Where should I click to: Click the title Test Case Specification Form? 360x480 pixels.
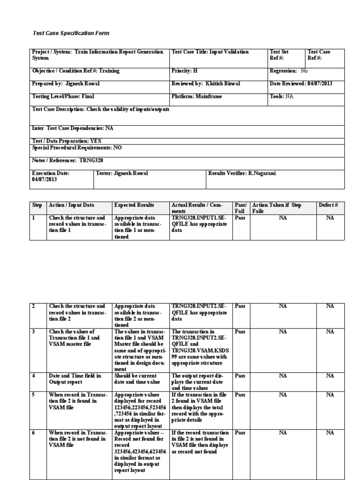(x=70, y=34)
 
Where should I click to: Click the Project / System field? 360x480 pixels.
(x=97, y=55)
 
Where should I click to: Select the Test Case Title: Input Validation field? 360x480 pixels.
(x=210, y=52)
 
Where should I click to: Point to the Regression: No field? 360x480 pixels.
(x=289, y=71)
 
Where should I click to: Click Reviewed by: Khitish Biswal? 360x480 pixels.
(x=206, y=83)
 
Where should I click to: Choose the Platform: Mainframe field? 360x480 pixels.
(x=197, y=97)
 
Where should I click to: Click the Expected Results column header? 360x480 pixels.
(x=134, y=205)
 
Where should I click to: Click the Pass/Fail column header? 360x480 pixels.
(x=240, y=208)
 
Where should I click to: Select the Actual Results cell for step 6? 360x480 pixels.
(x=201, y=442)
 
